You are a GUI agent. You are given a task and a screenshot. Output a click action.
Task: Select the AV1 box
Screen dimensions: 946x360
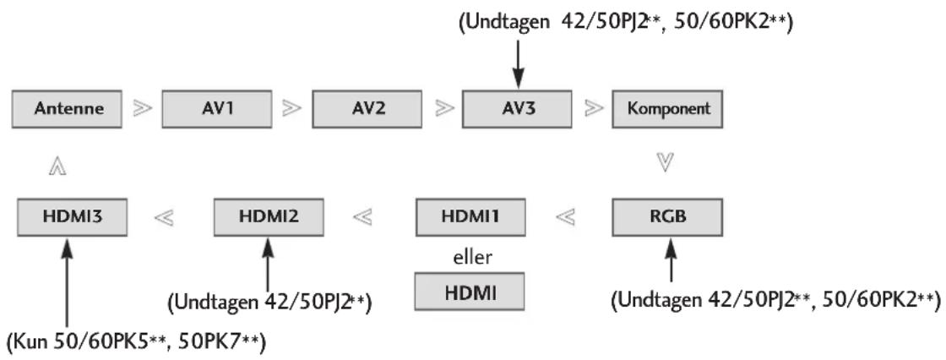217,109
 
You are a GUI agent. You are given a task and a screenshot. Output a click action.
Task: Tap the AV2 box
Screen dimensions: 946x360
367,109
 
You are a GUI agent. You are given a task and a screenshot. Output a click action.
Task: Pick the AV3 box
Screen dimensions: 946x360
517,109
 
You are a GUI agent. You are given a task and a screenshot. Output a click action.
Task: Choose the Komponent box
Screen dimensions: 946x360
667,109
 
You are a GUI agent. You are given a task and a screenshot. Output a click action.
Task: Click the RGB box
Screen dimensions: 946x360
667,217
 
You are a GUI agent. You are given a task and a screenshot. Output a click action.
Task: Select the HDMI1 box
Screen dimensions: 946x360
470,217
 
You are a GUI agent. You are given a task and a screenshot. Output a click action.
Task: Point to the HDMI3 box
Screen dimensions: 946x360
72,217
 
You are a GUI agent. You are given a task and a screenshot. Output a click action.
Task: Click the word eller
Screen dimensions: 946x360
472,257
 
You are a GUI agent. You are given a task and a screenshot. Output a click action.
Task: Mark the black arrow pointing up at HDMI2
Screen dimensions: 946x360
267,265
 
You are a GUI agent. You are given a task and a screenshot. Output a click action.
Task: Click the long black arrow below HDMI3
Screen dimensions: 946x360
67,283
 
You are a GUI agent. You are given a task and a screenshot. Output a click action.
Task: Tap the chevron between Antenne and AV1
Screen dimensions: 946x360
142,109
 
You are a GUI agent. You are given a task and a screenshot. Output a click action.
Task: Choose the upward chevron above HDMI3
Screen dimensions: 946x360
58,167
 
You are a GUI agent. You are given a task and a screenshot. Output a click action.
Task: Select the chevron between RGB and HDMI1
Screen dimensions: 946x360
565,217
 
